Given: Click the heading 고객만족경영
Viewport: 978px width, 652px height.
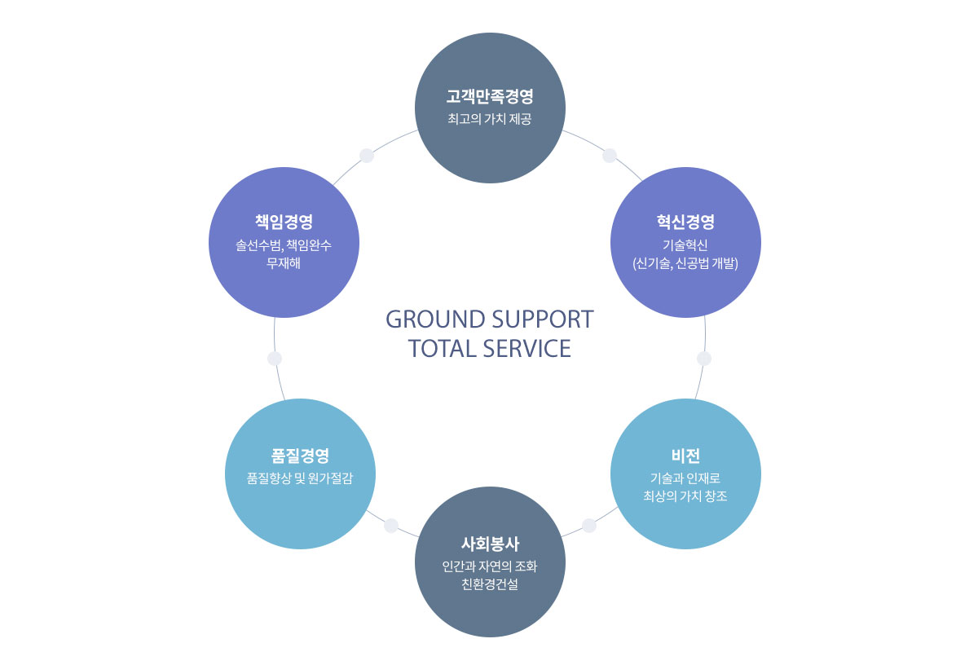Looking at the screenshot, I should pos(490,97).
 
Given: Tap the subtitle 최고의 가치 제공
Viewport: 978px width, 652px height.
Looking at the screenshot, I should pos(490,120).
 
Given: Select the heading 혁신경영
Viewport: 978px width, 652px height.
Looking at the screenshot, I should pos(685,222).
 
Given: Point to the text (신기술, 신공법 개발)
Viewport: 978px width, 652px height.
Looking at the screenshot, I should pos(685,262).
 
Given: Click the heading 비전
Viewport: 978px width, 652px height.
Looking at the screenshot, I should pos(685,455).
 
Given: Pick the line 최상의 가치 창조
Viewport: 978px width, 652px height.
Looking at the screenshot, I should pos(685,495).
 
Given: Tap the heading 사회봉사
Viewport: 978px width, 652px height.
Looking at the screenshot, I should pos(490,544).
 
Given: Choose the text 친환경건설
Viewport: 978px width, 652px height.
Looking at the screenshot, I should pos(490,584).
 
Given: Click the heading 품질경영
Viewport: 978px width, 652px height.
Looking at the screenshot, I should pos(300,455).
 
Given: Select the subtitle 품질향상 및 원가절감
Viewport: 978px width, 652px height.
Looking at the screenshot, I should pos(300,478).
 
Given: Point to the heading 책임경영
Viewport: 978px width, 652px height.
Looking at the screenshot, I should pos(284,222).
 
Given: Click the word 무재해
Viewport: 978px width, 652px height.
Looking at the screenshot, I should pos(284,262).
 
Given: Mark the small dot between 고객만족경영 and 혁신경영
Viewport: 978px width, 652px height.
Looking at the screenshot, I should pos(610,156).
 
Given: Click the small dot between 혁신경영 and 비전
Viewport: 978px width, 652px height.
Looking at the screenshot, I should pos(704,359).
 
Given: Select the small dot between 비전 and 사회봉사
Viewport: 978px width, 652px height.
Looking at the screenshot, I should pos(589,526).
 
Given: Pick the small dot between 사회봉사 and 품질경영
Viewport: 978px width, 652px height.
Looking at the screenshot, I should pos(391,526).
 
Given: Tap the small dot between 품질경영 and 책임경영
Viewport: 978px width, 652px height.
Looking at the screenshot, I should pos(275,359).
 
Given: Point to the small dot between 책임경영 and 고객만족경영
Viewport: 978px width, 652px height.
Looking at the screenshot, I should pos(367,156).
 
